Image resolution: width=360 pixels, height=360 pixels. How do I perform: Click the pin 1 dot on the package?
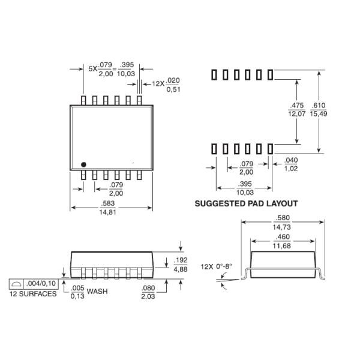click(x=84, y=163)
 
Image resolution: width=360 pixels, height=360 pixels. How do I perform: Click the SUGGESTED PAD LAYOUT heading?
click(x=246, y=203)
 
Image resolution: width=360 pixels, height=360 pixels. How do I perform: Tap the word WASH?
click(x=98, y=292)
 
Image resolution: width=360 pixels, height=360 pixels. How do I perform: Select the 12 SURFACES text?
click(x=32, y=294)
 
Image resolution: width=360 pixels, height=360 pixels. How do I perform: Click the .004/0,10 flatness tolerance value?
click(x=41, y=283)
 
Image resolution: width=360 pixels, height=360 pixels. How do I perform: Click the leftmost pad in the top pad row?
click(x=213, y=74)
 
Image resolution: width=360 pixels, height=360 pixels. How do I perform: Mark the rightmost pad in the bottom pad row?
click(x=271, y=148)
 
